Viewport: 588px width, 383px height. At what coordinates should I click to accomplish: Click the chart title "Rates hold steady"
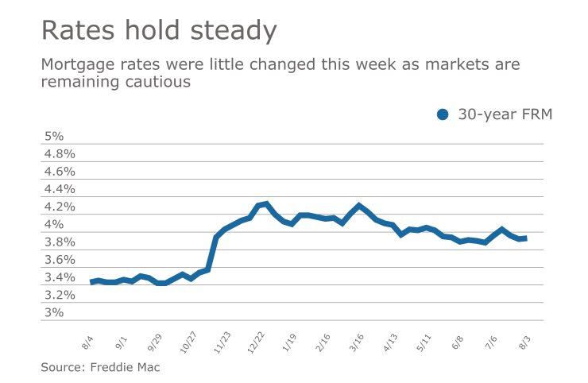[159, 31]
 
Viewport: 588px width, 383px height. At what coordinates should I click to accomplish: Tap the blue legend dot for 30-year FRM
[443, 114]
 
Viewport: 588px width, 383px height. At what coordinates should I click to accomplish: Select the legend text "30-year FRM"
[505, 114]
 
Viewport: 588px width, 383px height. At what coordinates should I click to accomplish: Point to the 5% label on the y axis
[52, 136]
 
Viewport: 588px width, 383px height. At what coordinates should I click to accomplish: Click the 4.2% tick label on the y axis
[58, 207]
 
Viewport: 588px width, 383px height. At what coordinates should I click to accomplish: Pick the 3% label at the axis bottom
[52, 312]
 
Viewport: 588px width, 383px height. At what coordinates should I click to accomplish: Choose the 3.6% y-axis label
[58, 260]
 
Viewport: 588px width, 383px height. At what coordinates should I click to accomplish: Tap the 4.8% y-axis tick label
[58, 153]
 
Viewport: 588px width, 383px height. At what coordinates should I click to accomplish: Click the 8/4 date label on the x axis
[87, 342]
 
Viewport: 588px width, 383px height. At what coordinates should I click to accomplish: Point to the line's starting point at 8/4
[92, 282]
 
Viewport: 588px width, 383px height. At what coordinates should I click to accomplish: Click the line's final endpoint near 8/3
[524, 238]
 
